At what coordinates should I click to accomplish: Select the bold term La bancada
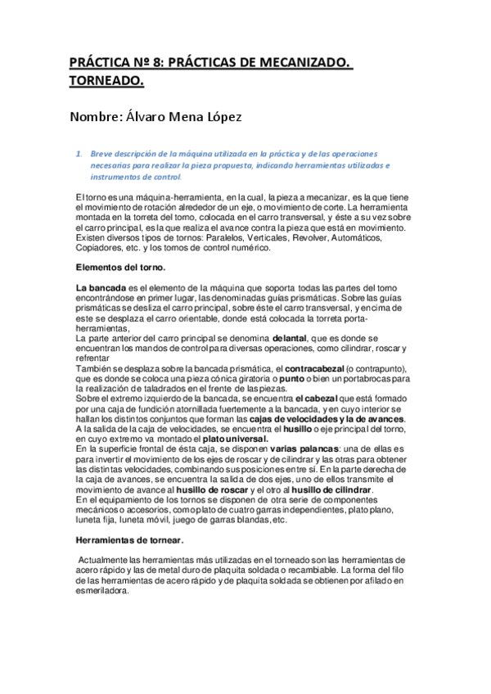click(101, 288)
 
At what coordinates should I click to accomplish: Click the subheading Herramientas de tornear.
click(128, 541)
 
